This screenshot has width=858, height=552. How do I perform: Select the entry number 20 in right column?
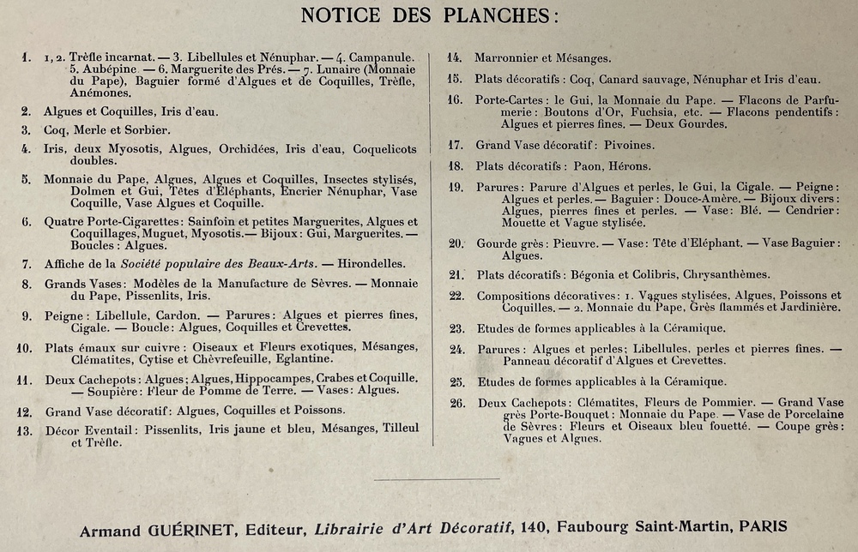point(456,243)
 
